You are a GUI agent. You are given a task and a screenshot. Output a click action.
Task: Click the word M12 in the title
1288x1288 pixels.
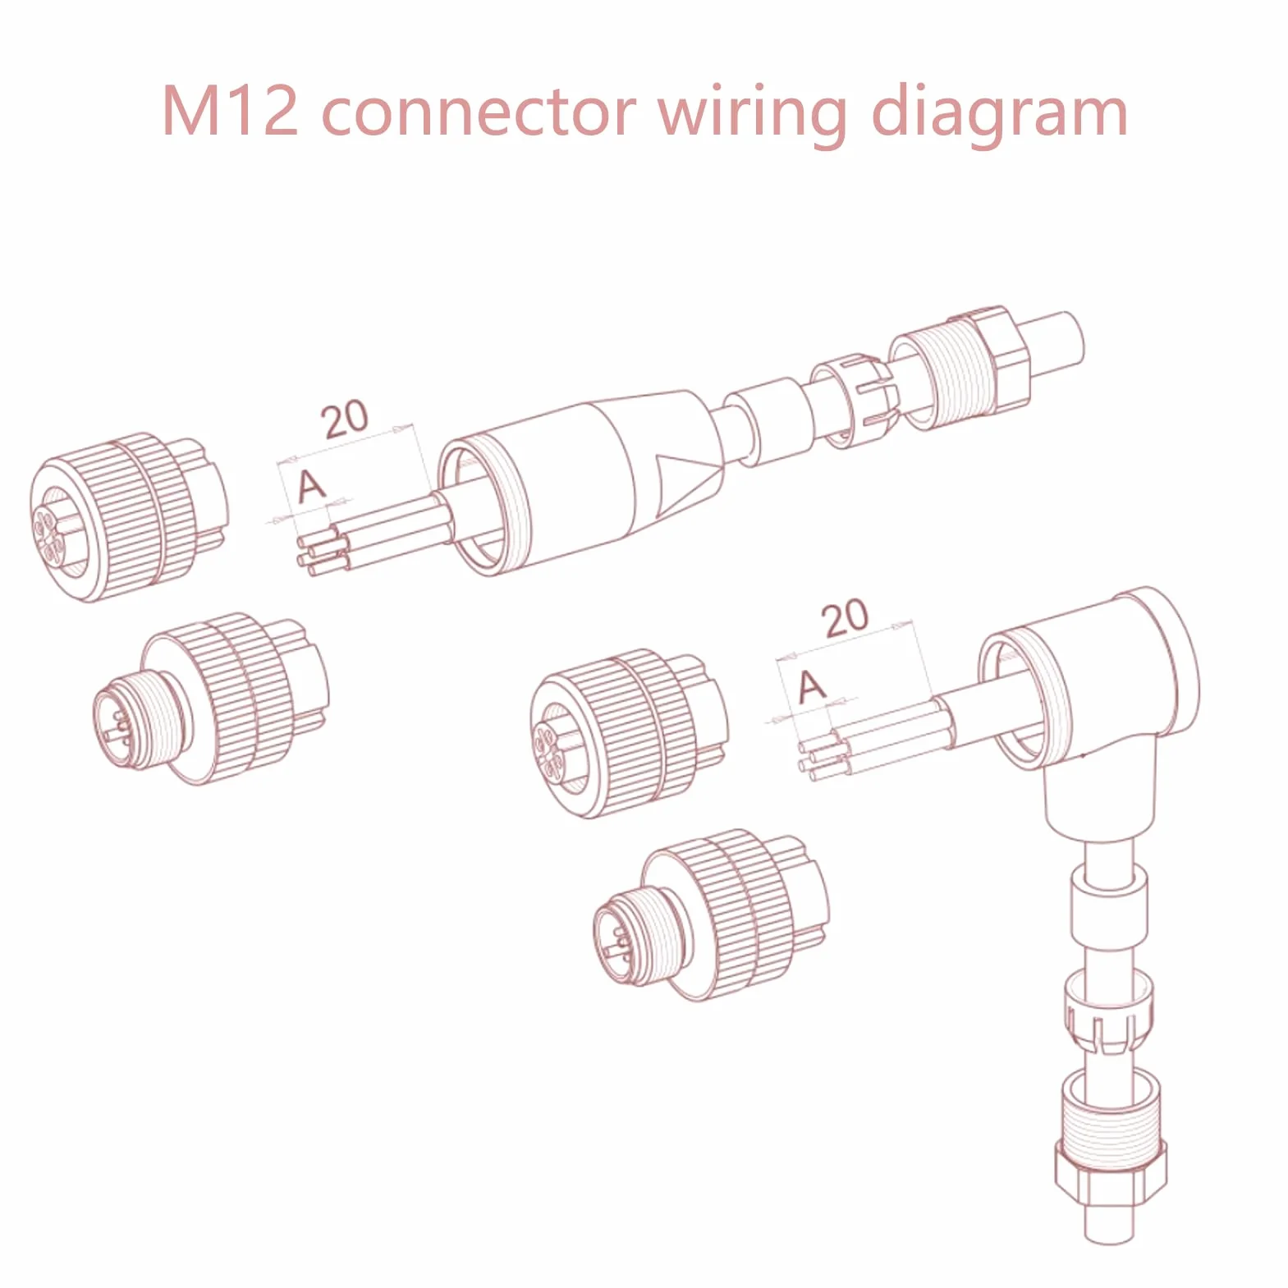click(230, 110)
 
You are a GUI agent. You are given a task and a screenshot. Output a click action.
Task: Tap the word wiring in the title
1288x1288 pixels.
click(753, 114)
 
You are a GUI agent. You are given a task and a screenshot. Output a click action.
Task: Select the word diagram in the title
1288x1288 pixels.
click(999, 114)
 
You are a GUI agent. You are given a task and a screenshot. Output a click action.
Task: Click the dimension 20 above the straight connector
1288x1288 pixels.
click(345, 420)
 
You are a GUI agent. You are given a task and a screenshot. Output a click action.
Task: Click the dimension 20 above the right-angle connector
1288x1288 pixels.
click(845, 619)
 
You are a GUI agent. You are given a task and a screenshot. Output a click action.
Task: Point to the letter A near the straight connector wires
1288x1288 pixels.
click(311, 486)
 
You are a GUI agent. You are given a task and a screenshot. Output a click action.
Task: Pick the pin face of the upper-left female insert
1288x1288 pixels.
click(49, 535)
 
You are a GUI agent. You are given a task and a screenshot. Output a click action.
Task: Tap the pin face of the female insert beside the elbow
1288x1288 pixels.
click(550, 749)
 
